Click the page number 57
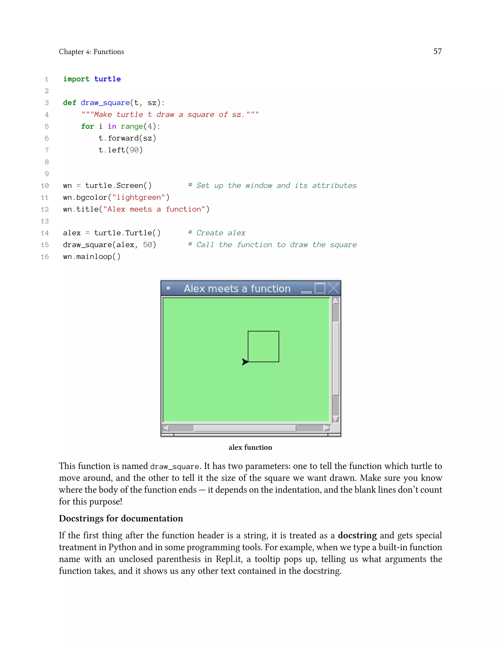point(437,51)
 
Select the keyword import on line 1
point(76,79)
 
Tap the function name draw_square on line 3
point(105,103)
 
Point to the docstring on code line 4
point(170,115)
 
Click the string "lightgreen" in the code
point(139,198)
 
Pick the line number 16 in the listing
point(45,257)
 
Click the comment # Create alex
point(217,233)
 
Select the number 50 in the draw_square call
point(148,245)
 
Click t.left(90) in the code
point(121,150)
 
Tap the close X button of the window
point(334,288)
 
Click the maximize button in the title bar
point(320,288)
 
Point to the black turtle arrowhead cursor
point(245,362)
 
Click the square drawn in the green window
point(263,347)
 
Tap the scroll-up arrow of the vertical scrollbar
point(336,301)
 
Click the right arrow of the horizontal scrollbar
point(327,428)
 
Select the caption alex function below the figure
point(250,447)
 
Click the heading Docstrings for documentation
point(121,518)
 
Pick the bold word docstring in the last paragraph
point(357,535)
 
